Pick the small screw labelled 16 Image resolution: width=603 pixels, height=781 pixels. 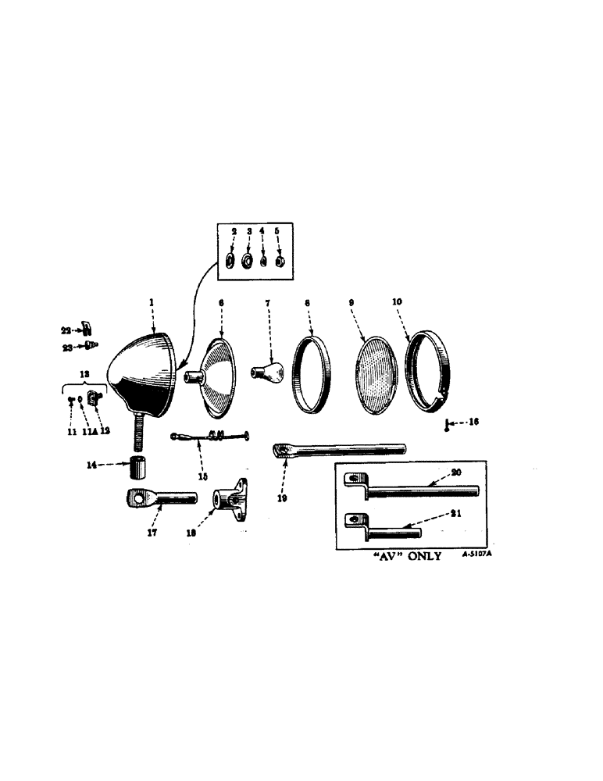click(447, 424)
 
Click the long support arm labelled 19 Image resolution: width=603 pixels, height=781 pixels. click(340, 450)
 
